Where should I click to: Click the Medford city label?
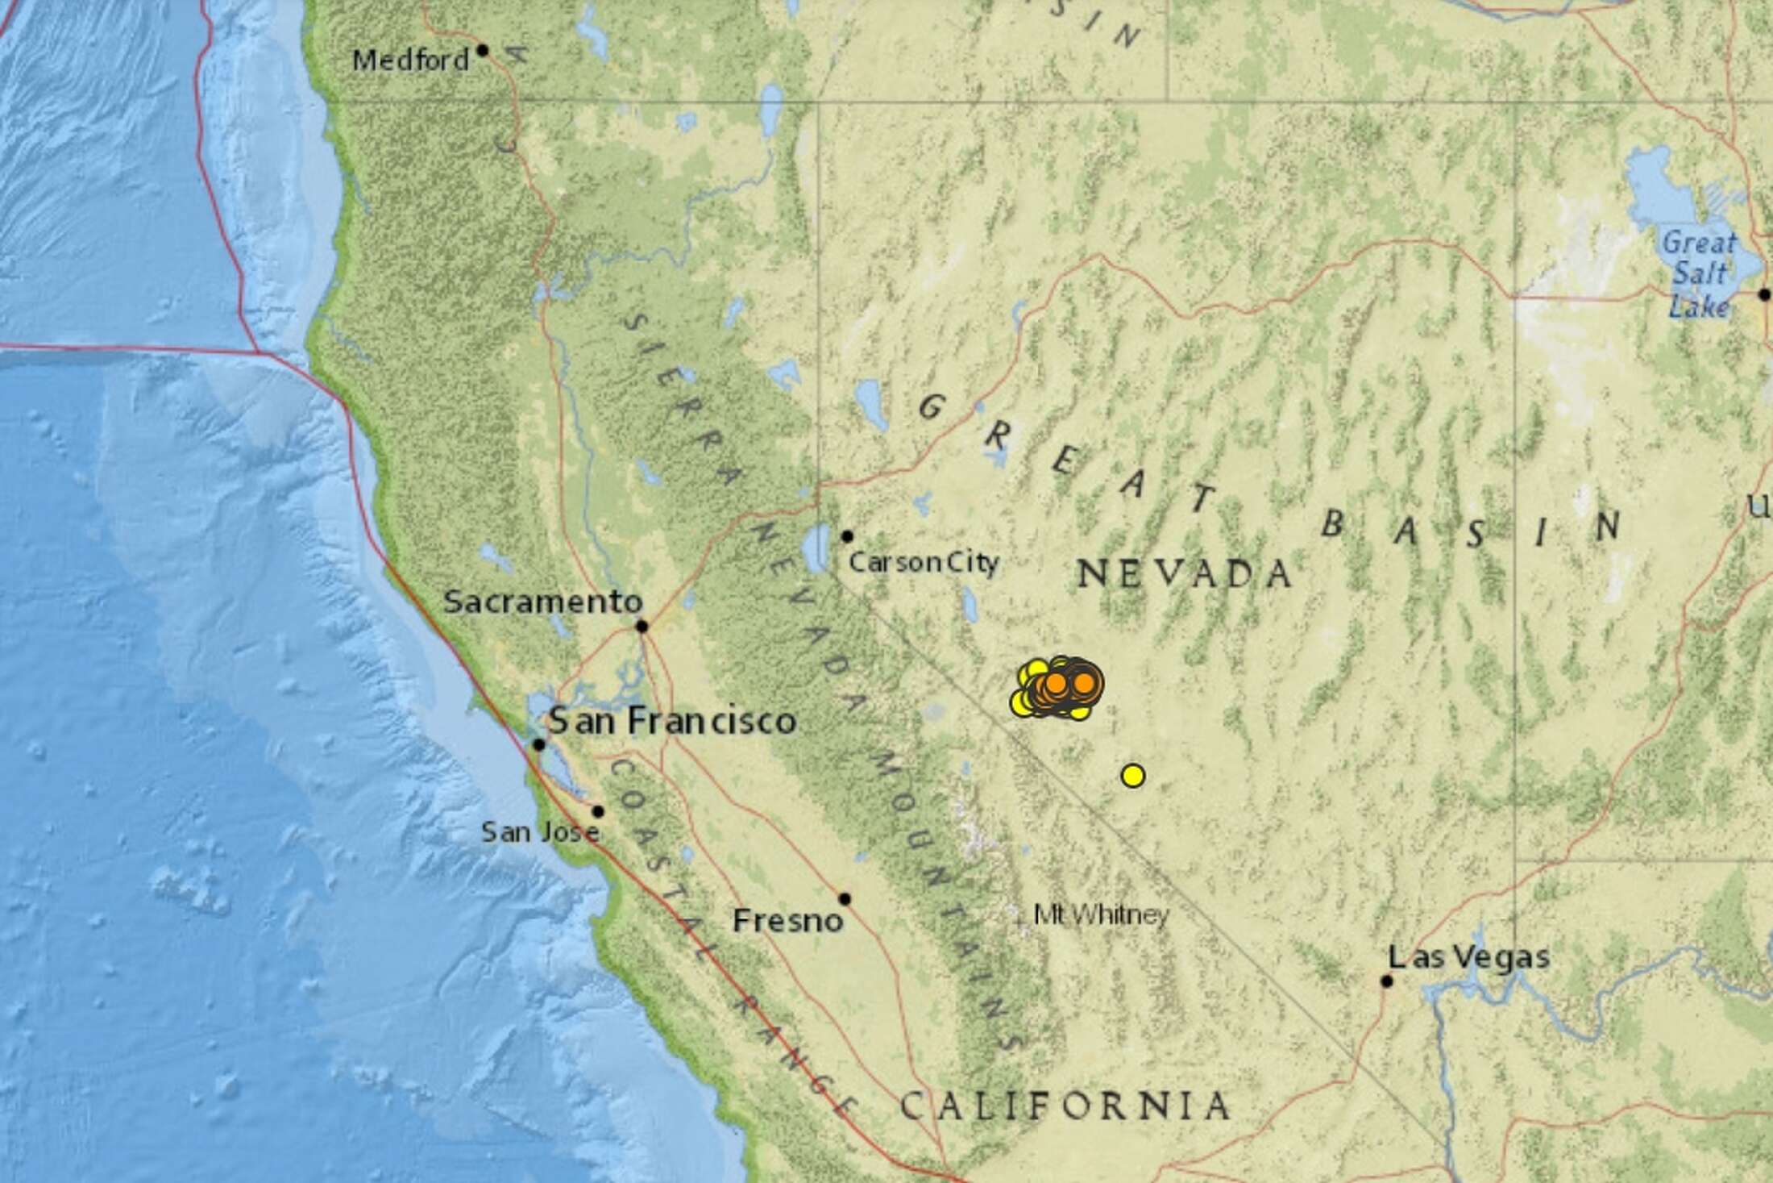click(411, 60)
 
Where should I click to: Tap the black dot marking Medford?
click(483, 50)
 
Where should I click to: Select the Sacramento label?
click(543, 602)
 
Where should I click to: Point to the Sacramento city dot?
click(642, 626)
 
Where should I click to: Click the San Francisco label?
click(673, 720)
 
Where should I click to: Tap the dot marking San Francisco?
click(539, 744)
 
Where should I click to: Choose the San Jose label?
click(540, 832)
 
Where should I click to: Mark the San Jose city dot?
click(598, 811)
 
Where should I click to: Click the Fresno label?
click(787, 921)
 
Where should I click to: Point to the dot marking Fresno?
click(845, 898)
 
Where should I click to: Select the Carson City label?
click(924, 562)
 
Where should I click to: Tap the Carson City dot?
click(847, 536)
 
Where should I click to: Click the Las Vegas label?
click(1468, 957)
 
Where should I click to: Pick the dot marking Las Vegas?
click(1386, 981)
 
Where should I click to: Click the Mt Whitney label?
click(1101, 915)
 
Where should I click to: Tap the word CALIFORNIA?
click(1065, 1106)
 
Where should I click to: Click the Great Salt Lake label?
click(1698, 274)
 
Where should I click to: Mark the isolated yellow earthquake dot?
click(1132, 776)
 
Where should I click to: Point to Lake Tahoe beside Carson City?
click(817, 548)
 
